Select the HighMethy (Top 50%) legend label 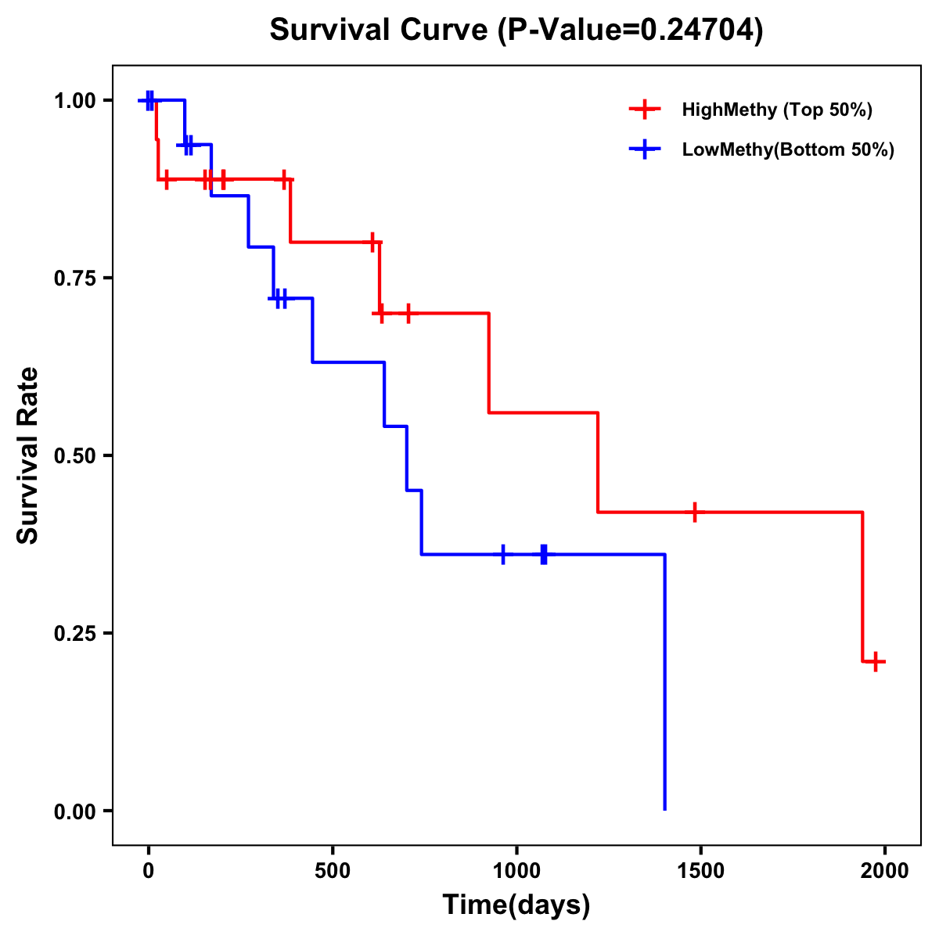click(x=777, y=110)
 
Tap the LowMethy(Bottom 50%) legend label click(x=788, y=149)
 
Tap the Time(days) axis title click(x=516, y=905)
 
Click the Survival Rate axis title click(x=28, y=455)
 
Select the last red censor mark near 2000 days click(x=876, y=661)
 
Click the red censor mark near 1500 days click(x=694, y=512)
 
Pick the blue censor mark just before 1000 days click(x=503, y=554)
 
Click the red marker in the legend click(x=645, y=110)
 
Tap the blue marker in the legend click(x=645, y=149)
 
